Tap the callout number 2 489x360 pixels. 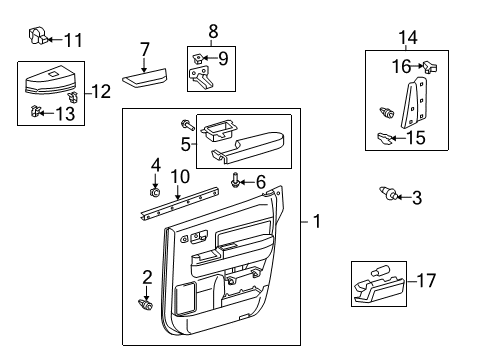click(x=146, y=277)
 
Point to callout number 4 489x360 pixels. click(x=155, y=164)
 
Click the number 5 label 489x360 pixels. click(x=185, y=143)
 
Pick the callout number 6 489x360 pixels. click(x=260, y=181)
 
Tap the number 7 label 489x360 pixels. click(x=145, y=49)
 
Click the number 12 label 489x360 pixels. click(x=100, y=92)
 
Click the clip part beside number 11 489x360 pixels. click(x=37, y=38)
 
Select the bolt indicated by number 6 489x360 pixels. click(x=235, y=181)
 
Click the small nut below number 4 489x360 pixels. click(x=155, y=190)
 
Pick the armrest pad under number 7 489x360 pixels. click(x=145, y=76)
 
